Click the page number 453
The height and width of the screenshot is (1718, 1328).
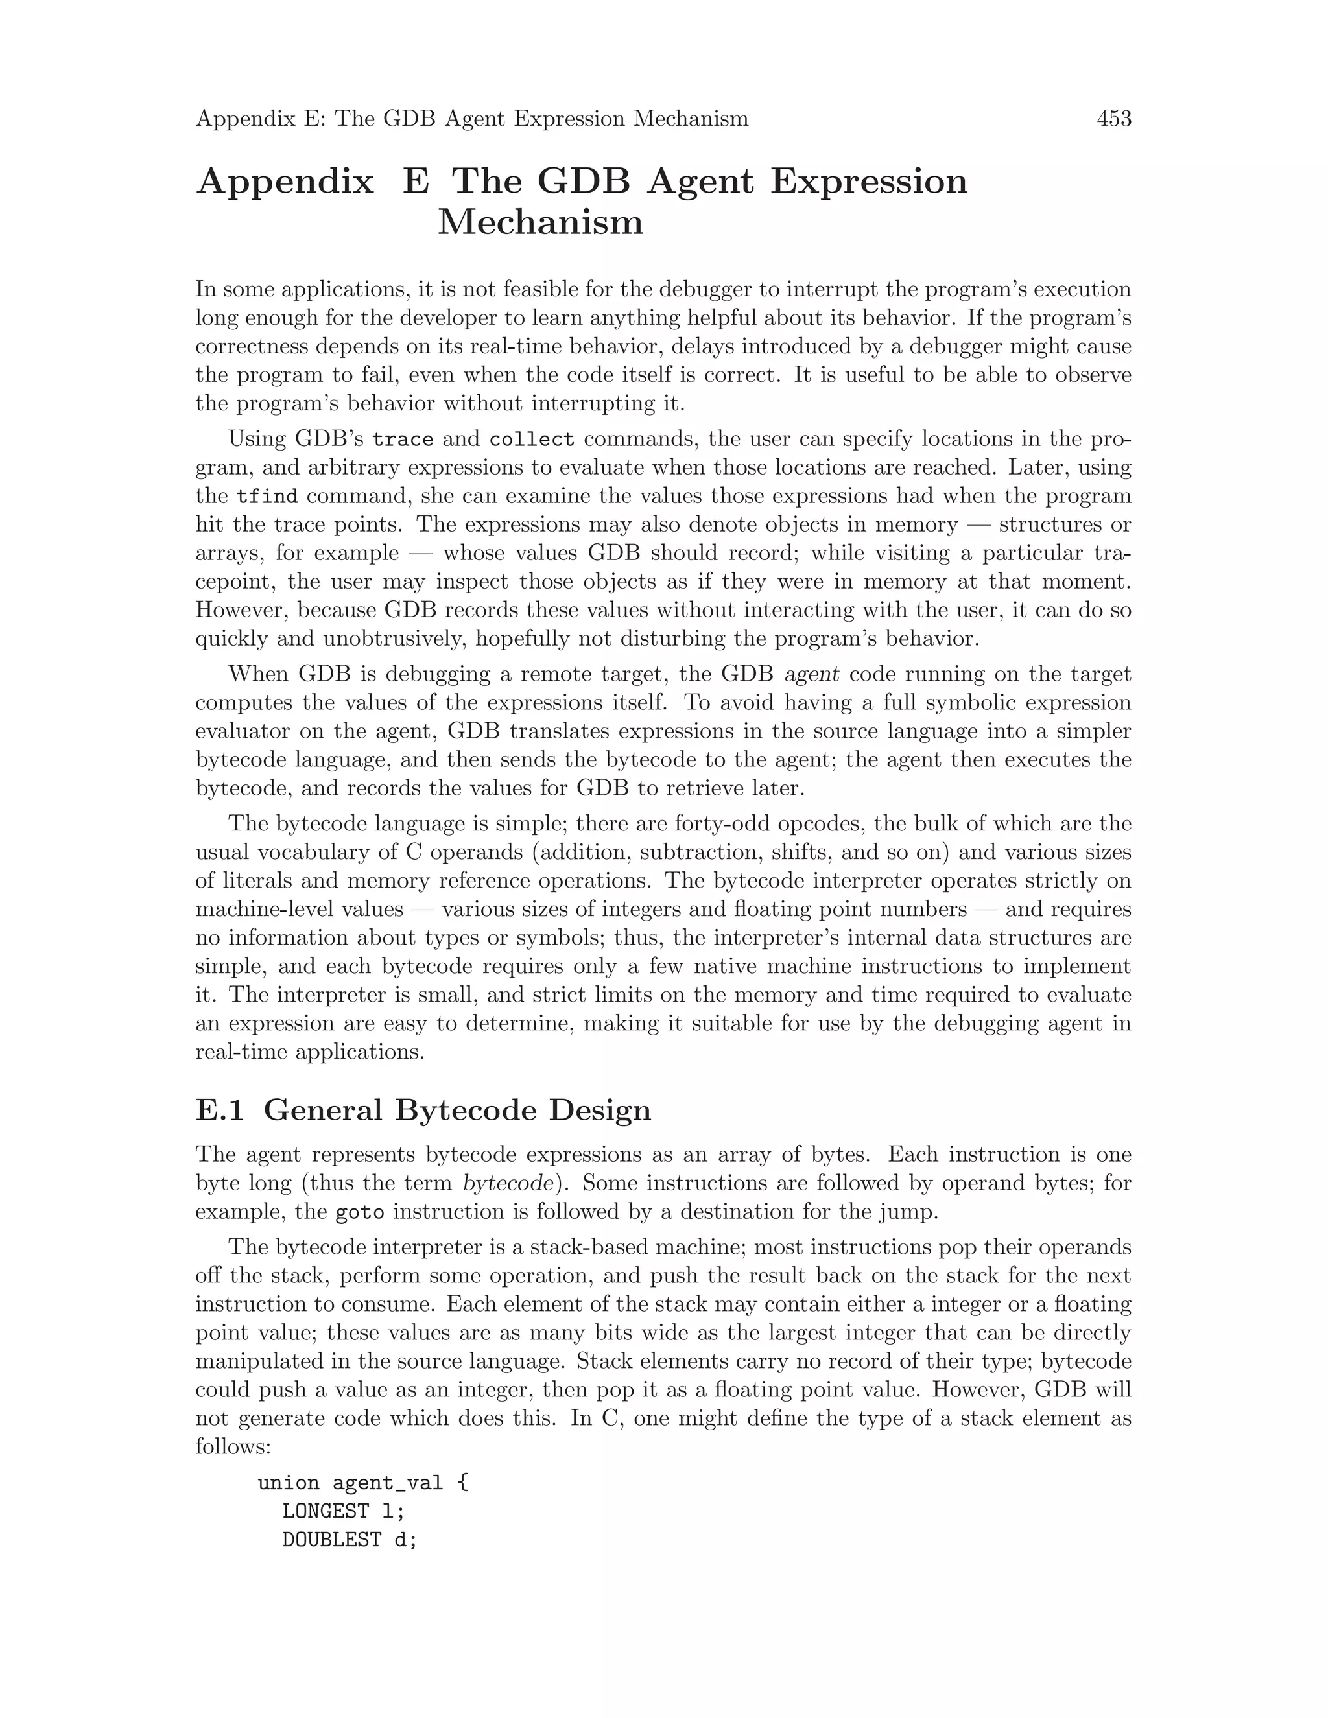click(1113, 119)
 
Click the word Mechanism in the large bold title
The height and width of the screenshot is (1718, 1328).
click(541, 222)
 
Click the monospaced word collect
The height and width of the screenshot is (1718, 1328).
click(532, 439)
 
